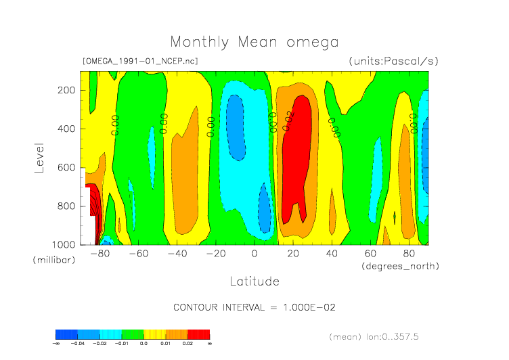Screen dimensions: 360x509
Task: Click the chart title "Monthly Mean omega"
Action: tap(254, 43)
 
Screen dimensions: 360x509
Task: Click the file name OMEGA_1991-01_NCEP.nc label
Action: tap(139, 61)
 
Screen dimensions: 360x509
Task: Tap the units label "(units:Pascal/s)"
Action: tap(393, 61)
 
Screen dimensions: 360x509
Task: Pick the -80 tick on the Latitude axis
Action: tap(99, 254)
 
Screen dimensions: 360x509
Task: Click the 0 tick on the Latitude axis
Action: tap(255, 254)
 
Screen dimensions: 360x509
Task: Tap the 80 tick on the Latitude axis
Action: tap(409, 254)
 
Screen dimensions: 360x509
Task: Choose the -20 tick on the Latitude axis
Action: tap(215, 254)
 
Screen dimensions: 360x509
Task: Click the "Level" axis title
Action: tap(39, 157)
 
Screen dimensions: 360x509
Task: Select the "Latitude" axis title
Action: tap(254, 280)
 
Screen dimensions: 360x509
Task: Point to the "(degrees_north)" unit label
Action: tap(400, 266)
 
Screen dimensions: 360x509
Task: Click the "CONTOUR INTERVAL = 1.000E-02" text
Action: tap(255, 307)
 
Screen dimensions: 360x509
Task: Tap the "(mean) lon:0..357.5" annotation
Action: tap(384, 336)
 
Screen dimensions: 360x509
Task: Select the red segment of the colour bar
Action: tap(199, 334)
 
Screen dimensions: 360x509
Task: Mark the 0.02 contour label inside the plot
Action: tap(288, 120)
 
